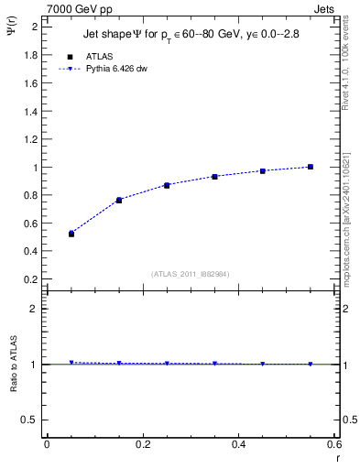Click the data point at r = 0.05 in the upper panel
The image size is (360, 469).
pos(71,234)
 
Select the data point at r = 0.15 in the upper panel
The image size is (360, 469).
pos(119,200)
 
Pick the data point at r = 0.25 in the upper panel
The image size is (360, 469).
pos(167,185)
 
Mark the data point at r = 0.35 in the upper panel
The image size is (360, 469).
pos(214,176)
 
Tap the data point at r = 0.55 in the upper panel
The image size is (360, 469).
pos(311,167)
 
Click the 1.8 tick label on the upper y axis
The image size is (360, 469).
pos(30,55)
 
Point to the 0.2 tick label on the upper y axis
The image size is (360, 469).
pos(30,279)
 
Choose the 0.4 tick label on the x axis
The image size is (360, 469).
pos(238,444)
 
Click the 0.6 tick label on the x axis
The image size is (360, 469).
pos(333,444)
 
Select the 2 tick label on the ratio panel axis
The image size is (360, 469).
pos(35,309)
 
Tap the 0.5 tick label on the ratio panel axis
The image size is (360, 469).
pos(30,420)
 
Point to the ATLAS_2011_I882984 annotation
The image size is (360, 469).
pos(191,273)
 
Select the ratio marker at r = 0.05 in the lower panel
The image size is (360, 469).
pos(71,363)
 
